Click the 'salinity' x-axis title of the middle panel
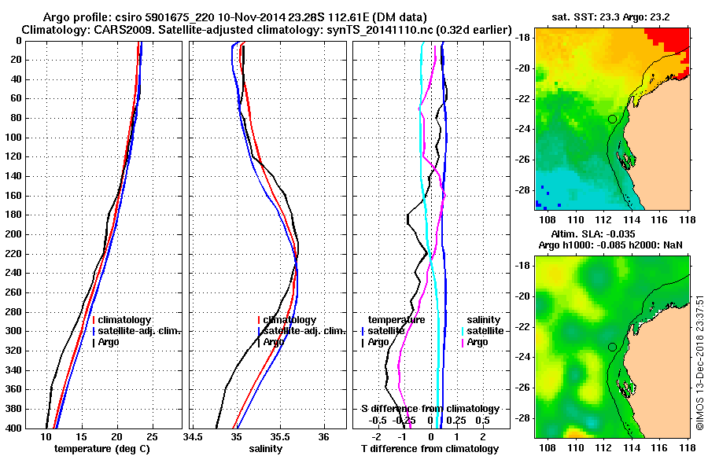266,449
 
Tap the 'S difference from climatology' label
430,409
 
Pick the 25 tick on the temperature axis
152,436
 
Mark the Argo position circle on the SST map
612,119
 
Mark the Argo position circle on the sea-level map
612,347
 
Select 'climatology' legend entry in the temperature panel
126,320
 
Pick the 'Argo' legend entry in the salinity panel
274,342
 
